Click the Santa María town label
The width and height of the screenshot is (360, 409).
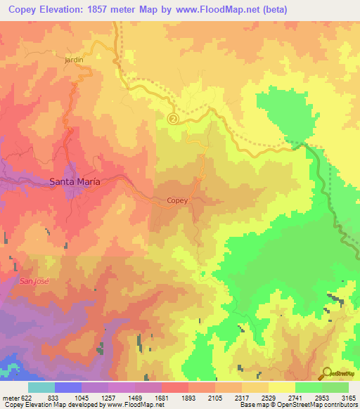pos(75,181)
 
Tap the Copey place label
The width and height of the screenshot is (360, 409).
pos(177,201)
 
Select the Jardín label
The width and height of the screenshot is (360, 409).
pos(74,60)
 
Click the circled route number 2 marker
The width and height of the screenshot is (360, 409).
pos(174,119)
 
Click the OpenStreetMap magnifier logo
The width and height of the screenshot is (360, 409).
pos(328,373)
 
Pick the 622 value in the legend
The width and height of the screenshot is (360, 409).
pos(21,398)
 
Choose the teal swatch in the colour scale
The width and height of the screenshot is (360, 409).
pos(41,387)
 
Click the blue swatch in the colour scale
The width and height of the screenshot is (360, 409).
pos(68,387)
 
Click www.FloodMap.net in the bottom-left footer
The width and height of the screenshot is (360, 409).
pos(134,405)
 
